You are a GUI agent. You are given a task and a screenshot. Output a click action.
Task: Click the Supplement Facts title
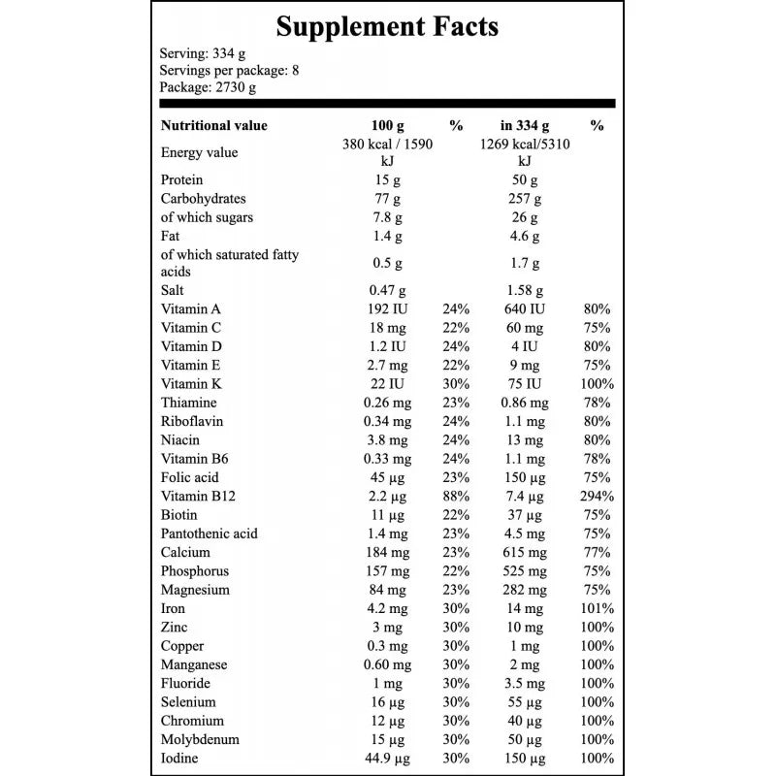click(x=387, y=26)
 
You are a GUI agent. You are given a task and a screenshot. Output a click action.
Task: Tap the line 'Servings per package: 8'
click(x=222, y=70)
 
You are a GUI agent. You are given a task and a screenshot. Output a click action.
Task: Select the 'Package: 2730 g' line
click(x=208, y=87)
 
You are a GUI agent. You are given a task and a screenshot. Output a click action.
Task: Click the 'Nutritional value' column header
click(x=213, y=125)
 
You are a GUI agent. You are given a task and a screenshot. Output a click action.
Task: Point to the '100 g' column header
click(x=387, y=125)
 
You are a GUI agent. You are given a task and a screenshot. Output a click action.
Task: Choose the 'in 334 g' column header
click(x=525, y=125)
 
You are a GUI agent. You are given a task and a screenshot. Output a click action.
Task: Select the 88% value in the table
click(x=456, y=496)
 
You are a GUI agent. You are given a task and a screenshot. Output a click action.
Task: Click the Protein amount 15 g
click(x=387, y=180)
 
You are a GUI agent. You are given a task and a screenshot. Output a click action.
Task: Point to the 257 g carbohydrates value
click(x=525, y=199)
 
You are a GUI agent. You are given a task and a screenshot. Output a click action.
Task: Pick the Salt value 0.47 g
click(x=387, y=290)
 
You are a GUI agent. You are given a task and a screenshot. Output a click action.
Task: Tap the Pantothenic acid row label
click(x=209, y=533)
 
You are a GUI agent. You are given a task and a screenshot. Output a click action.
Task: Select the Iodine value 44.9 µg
click(x=387, y=758)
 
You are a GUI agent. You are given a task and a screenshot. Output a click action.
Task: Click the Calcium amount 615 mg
click(x=525, y=552)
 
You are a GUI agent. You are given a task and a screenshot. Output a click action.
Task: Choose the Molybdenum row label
click(x=200, y=739)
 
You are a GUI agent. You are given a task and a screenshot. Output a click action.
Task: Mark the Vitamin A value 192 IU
click(x=387, y=309)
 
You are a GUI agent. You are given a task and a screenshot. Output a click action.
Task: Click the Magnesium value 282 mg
click(x=525, y=590)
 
